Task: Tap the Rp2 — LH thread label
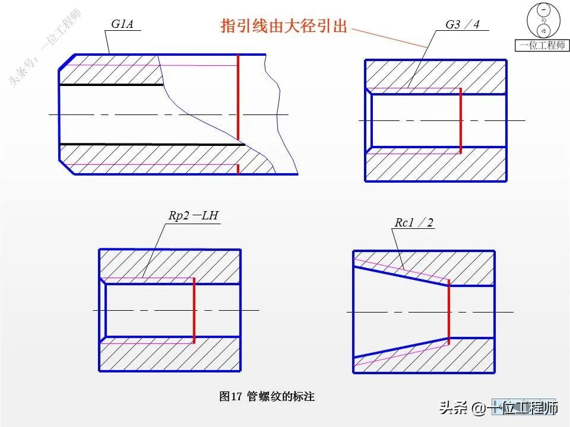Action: pyautogui.click(x=194, y=216)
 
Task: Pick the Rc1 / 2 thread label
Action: pyautogui.click(x=414, y=223)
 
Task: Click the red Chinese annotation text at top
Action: pyautogui.click(x=283, y=26)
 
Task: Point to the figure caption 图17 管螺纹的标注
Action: pyautogui.click(x=267, y=396)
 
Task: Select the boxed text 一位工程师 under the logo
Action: pyautogui.click(x=542, y=46)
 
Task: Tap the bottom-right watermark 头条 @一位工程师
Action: pyautogui.click(x=499, y=408)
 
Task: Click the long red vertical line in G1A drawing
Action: pyautogui.click(x=237, y=98)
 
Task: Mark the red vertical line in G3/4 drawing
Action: pyautogui.click(x=461, y=120)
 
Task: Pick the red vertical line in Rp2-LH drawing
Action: pyautogui.click(x=194, y=310)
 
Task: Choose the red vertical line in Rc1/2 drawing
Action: pyautogui.click(x=448, y=311)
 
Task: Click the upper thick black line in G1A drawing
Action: pyautogui.click(x=111, y=85)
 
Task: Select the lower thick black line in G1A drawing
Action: pyautogui.click(x=152, y=144)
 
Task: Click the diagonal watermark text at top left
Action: pyautogui.click(x=45, y=48)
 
